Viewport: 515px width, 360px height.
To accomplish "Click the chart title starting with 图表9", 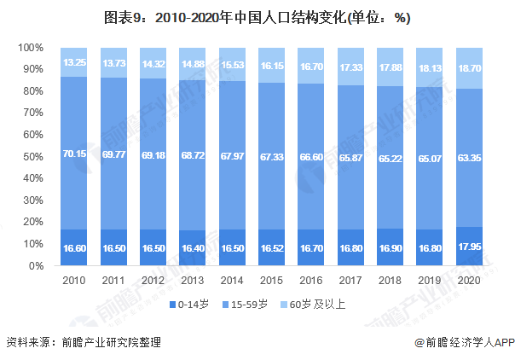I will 257,17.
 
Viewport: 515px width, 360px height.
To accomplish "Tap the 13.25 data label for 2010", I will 74,62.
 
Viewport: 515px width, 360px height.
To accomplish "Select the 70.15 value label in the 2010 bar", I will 74,154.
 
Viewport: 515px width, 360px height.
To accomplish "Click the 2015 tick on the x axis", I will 271,279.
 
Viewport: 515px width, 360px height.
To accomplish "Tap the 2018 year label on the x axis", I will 389,279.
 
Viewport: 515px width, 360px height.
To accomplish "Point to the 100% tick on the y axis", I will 31,47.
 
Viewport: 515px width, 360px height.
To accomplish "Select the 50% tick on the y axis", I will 33,156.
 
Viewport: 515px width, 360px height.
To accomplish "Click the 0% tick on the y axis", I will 37,266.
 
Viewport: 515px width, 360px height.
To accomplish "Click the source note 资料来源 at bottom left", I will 83,343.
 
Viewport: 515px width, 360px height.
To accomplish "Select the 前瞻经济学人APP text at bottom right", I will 459,343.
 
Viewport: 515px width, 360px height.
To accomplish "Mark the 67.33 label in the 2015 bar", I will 271,156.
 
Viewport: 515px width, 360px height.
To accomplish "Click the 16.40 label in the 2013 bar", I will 192,249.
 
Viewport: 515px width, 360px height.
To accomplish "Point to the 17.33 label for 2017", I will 350,66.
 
